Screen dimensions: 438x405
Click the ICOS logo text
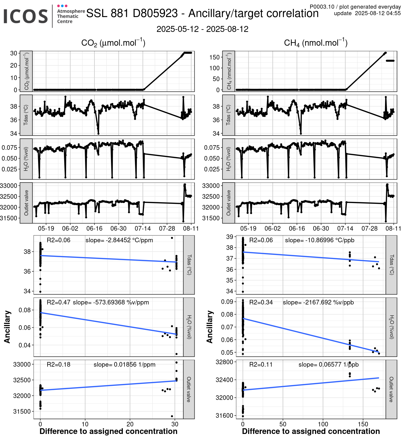click(x=26, y=16)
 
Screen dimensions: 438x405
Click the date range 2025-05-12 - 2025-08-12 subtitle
click(x=202, y=29)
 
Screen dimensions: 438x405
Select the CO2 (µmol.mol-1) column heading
click(x=113, y=43)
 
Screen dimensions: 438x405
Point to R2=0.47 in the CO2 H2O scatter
click(x=58, y=302)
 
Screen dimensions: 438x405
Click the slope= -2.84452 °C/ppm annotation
click(x=119, y=240)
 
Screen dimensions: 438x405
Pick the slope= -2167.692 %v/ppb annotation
click(x=318, y=302)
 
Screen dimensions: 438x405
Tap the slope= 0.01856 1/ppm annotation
click(x=124, y=364)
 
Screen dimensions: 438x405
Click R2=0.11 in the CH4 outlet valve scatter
click(x=261, y=364)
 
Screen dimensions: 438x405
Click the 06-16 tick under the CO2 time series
click(x=94, y=228)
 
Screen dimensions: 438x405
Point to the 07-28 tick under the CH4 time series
click(x=369, y=228)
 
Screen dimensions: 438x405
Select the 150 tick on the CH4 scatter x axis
click(x=363, y=424)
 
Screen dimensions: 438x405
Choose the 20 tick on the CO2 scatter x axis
click(x=130, y=424)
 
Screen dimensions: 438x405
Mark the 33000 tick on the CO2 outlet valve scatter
click(x=22, y=364)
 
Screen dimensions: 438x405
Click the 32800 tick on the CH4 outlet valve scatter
click(x=224, y=362)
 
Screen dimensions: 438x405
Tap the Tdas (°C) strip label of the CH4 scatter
click(x=391, y=265)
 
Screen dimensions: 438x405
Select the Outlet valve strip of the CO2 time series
click(x=26, y=203)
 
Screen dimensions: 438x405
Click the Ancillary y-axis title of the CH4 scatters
click(x=210, y=327)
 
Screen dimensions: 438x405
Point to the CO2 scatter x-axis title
click(x=108, y=432)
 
